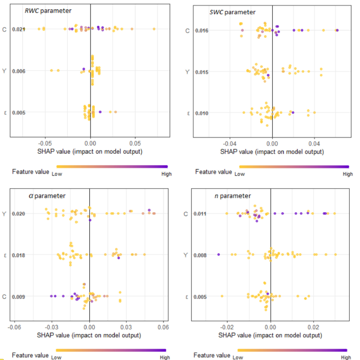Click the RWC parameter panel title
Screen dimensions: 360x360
click(49, 10)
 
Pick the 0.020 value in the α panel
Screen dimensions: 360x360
click(18, 214)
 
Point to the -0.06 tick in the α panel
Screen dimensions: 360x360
click(15, 328)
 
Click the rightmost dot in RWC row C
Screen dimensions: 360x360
click(154, 29)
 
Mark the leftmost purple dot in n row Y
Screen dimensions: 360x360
click(219, 254)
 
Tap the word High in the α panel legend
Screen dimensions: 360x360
click(165, 357)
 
